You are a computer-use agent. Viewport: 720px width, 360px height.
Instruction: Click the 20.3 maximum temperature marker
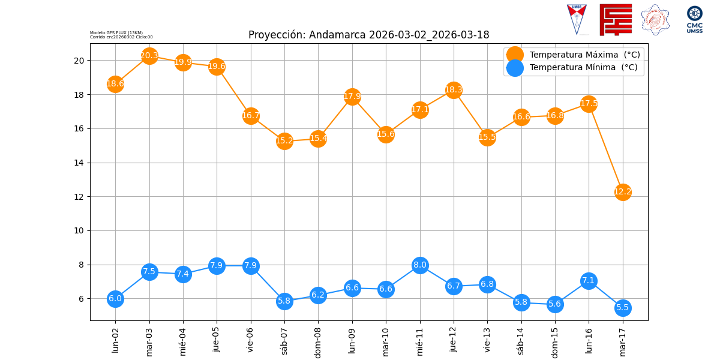point(149,56)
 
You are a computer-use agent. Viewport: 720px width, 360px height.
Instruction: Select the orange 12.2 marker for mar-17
point(623,192)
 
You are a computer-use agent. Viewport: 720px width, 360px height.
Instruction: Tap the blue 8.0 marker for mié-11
point(420,265)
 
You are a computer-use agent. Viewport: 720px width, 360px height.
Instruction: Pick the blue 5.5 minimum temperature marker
point(623,308)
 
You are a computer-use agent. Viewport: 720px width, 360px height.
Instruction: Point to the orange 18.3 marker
point(454,90)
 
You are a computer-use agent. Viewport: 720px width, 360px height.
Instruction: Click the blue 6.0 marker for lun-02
point(115,299)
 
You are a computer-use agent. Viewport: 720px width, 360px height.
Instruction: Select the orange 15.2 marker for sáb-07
point(284,141)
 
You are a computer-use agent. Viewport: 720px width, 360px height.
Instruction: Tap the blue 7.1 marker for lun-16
point(589,281)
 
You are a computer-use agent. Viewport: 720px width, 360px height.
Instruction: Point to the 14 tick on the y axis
point(79,163)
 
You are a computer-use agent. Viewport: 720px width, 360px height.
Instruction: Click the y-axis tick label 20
point(79,61)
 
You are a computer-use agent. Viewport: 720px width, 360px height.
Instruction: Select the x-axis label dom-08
point(318,343)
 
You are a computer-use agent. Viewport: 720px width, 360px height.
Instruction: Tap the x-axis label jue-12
point(454,341)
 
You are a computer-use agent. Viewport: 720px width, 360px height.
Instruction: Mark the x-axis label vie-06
point(251,341)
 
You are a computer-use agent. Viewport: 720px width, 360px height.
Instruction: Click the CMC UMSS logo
point(694,19)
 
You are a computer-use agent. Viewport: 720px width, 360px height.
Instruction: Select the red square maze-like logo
point(616,19)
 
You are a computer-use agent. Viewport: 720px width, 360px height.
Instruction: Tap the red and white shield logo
point(577,19)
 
